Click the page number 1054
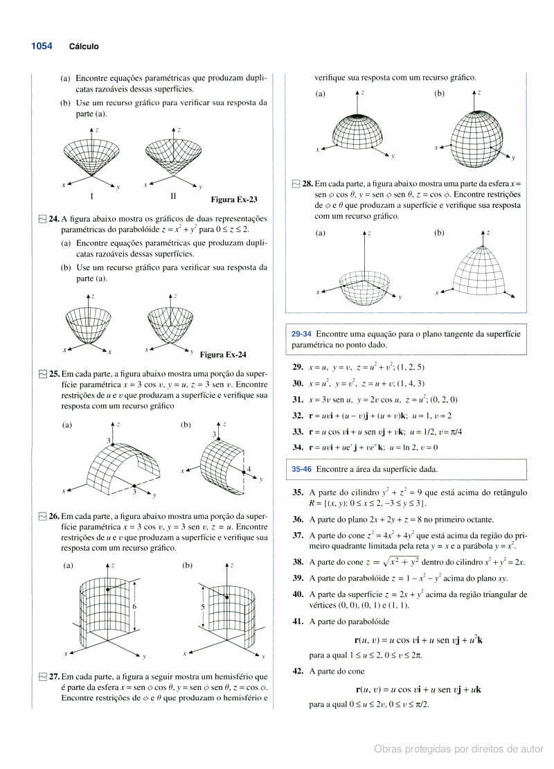[x=42, y=46]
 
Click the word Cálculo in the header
[x=84, y=47]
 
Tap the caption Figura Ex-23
[x=233, y=200]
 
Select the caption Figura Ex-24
[x=223, y=355]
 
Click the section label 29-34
[x=301, y=334]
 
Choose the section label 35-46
[x=301, y=469]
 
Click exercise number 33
[x=298, y=431]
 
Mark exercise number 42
[x=298, y=671]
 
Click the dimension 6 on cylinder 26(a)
[x=134, y=606]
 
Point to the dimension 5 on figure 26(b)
[x=202, y=606]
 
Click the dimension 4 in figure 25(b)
[x=248, y=469]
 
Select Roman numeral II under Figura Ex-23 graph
[x=173, y=196]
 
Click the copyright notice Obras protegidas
[x=458, y=749]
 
